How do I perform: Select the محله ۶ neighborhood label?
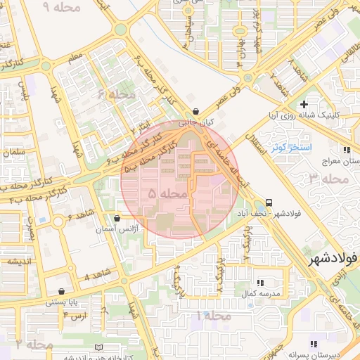[117, 94]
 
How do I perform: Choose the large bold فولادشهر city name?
[333, 258]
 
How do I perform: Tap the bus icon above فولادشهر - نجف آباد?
[270, 202]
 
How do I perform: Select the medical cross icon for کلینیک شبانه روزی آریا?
[304, 104]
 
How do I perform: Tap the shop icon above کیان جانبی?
[195, 111]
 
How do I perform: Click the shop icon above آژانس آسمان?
[117, 218]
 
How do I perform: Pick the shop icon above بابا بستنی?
[62, 291]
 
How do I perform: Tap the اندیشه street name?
[20, 262]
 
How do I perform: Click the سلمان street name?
[14, 152]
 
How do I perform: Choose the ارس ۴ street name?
[75, 314]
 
